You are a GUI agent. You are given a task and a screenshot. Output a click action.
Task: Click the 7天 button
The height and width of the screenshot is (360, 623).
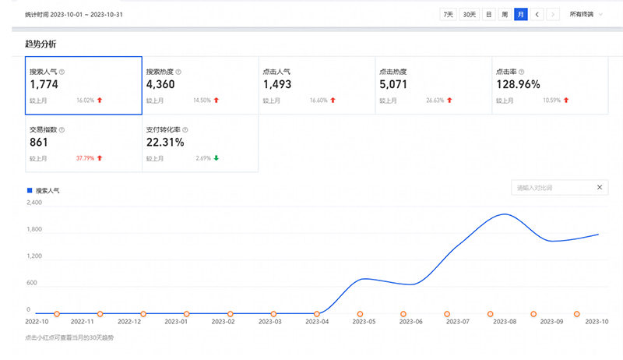tap(448, 14)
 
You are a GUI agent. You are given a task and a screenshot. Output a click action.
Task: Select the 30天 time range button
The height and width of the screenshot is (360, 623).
tap(469, 14)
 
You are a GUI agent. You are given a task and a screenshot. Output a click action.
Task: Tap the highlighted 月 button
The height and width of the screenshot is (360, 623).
tap(520, 14)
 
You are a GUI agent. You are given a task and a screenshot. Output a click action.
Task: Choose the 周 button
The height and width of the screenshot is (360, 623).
tap(505, 14)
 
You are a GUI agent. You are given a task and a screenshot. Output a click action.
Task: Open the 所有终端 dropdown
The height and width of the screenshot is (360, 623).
tap(585, 14)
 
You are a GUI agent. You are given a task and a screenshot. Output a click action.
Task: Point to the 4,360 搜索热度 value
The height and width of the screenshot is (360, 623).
tap(160, 84)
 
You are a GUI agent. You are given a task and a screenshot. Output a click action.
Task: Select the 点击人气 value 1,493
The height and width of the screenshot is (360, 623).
tap(278, 84)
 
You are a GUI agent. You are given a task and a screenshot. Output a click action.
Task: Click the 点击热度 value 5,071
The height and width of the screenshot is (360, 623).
tap(393, 84)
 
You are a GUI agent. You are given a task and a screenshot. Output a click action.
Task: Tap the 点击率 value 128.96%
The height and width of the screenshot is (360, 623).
tap(518, 84)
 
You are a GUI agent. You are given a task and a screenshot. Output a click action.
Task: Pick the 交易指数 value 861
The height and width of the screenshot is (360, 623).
tap(39, 143)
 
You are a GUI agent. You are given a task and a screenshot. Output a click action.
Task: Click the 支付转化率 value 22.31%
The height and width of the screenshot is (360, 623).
tap(165, 143)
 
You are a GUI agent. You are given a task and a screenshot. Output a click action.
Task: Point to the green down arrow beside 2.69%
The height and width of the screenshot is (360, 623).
tap(216, 158)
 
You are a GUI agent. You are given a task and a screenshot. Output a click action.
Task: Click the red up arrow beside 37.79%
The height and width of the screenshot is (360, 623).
tap(100, 158)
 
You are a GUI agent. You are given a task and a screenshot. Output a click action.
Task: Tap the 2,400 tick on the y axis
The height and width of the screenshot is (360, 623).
tap(34, 203)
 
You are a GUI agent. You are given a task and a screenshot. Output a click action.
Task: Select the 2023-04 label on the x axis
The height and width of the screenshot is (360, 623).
tap(318, 320)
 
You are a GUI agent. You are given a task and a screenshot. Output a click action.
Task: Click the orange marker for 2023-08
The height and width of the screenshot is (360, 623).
tap(490, 313)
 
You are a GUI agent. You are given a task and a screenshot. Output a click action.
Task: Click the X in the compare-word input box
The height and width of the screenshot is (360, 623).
tap(599, 187)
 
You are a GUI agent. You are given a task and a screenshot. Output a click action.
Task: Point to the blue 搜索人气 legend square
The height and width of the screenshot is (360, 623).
tap(30, 189)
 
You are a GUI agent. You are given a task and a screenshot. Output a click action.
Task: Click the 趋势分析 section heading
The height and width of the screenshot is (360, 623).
tap(41, 44)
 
